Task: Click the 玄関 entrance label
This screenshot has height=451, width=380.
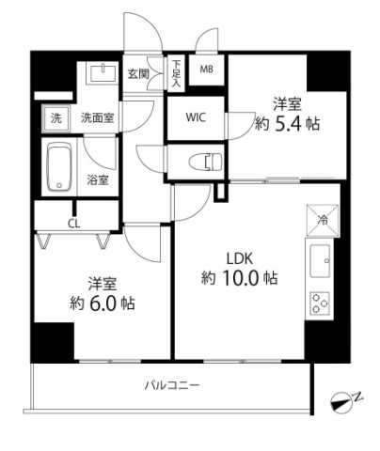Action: (x=138, y=73)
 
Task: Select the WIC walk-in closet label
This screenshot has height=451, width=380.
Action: (x=197, y=117)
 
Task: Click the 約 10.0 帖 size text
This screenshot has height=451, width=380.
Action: (x=238, y=277)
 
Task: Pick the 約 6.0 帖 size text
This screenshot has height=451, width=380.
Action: (x=100, y=303)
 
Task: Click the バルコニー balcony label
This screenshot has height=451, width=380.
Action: (x=172, y=385)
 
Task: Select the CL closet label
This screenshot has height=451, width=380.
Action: (x=74, y=223)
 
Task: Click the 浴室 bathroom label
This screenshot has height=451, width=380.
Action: (x=98, y=178)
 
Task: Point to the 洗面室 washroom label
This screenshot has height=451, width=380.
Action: (x=96, y=118)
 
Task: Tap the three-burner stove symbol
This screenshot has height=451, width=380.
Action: (x=320, y=303)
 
